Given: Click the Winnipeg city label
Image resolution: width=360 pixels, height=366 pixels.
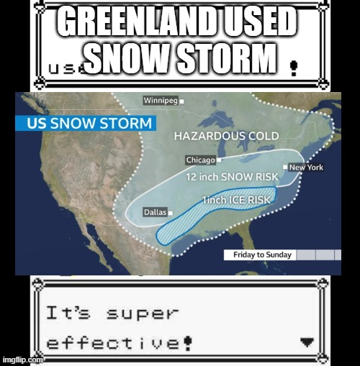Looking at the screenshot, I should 161,101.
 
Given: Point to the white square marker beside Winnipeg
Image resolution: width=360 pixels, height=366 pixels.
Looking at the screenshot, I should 181,101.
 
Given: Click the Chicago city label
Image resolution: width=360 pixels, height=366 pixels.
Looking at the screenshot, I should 200,160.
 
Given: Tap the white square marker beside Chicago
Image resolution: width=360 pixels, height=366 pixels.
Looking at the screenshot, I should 219,160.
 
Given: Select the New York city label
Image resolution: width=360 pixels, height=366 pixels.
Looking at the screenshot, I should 306,168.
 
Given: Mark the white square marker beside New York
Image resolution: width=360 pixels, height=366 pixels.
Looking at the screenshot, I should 285,167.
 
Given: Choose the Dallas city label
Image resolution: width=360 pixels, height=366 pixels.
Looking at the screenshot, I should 155,212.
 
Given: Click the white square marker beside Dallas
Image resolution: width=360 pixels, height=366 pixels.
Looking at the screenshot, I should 171,212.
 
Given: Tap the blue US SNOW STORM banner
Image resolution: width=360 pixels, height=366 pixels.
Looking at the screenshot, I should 89,123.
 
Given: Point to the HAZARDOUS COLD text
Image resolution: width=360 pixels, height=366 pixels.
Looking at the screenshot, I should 226,136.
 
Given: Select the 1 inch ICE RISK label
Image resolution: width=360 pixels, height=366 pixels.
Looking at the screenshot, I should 236,199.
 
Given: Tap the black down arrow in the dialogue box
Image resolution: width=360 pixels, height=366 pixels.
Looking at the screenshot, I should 307,342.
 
